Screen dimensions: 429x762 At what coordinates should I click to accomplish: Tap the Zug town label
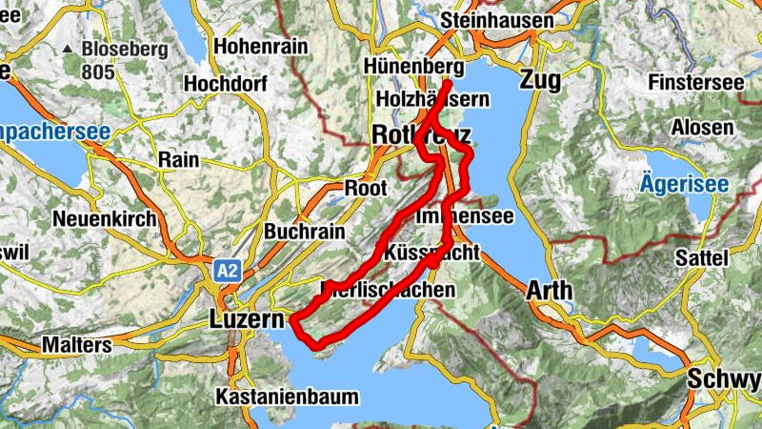(x=541, y=80)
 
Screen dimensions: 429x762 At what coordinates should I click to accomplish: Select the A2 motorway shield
(x=227, y=271)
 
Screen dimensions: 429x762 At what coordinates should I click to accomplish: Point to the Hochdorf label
(x=222, y=83)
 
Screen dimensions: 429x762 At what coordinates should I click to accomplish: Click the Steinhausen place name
(x=498, y=20)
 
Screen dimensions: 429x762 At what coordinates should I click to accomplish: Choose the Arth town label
(x=550, y=290)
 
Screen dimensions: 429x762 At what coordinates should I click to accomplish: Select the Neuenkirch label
(x=104, y=218)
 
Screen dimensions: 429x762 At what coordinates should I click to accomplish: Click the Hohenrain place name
(x=261, y=45)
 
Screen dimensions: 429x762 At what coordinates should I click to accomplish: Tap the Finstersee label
(x=694, y=82)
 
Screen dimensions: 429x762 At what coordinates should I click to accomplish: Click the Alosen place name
(x=702, y=127)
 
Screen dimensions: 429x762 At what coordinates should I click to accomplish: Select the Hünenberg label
(x=413, y=67)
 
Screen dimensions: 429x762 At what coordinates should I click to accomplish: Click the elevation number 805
(x=97, y=71)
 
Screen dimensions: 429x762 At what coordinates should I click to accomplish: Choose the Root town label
(x=365, y=187)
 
